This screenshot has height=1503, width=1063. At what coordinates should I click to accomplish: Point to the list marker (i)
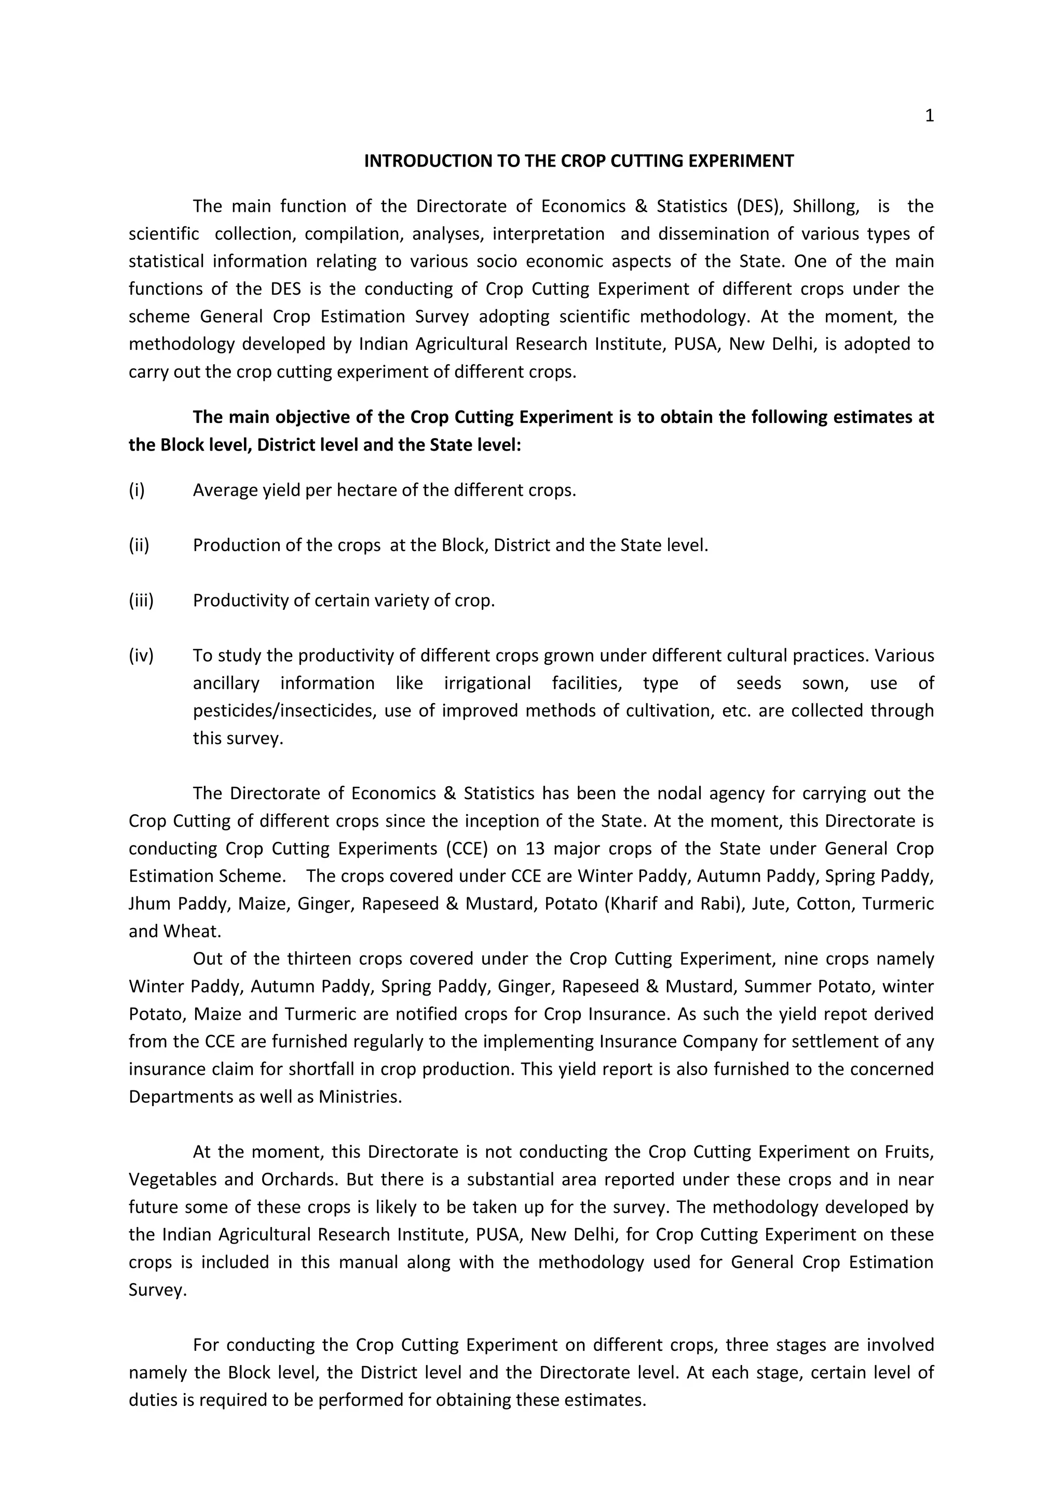click(x=137, y=490)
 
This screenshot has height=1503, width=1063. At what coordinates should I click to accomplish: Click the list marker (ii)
click(x=139, y=545)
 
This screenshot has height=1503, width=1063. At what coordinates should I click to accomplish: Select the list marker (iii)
click(x=141, y=600)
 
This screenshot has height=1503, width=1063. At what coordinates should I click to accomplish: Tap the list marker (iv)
click(x=141, y=655)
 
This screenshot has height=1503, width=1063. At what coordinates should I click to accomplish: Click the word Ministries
click(x=360, y=1097)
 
